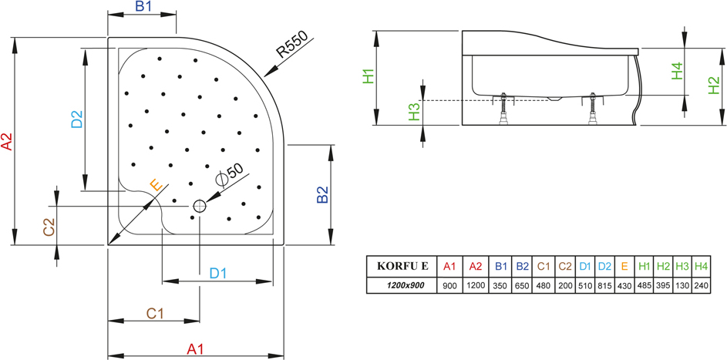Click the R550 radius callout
pyautogui.click(x=292, y=44)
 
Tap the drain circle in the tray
pyautogui.click(x=200, y=206)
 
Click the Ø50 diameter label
pyautogui.click(x=229, y=176)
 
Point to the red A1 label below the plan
pyautogui.click(x=196, y=349)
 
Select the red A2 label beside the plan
pyautogui.click(x=6, y=142)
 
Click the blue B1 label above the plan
pyautogui.click(x=143, y=7)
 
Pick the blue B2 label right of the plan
pyautogui.click(x=322, y=194)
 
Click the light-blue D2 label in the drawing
pyautogui.click(x=76, y=119)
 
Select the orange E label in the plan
pyautogui.click(x=157, y=186)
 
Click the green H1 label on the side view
pyautogui.click(x=369, y=76)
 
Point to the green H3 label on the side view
pyautogui.click(x=414, y=112)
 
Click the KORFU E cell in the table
pyautogui.click(x=402, y=266)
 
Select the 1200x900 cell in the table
pyautogui.click(x=402, y=285)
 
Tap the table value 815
pyautogui.click(x=604, y=286)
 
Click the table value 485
pyautogui.click(x=644, y=286)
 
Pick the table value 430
pyautogui.click(x=624, y=286)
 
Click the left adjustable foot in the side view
pyautogui.click(x=503, y=109)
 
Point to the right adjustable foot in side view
pyautogui.click(x=592, y=109)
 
